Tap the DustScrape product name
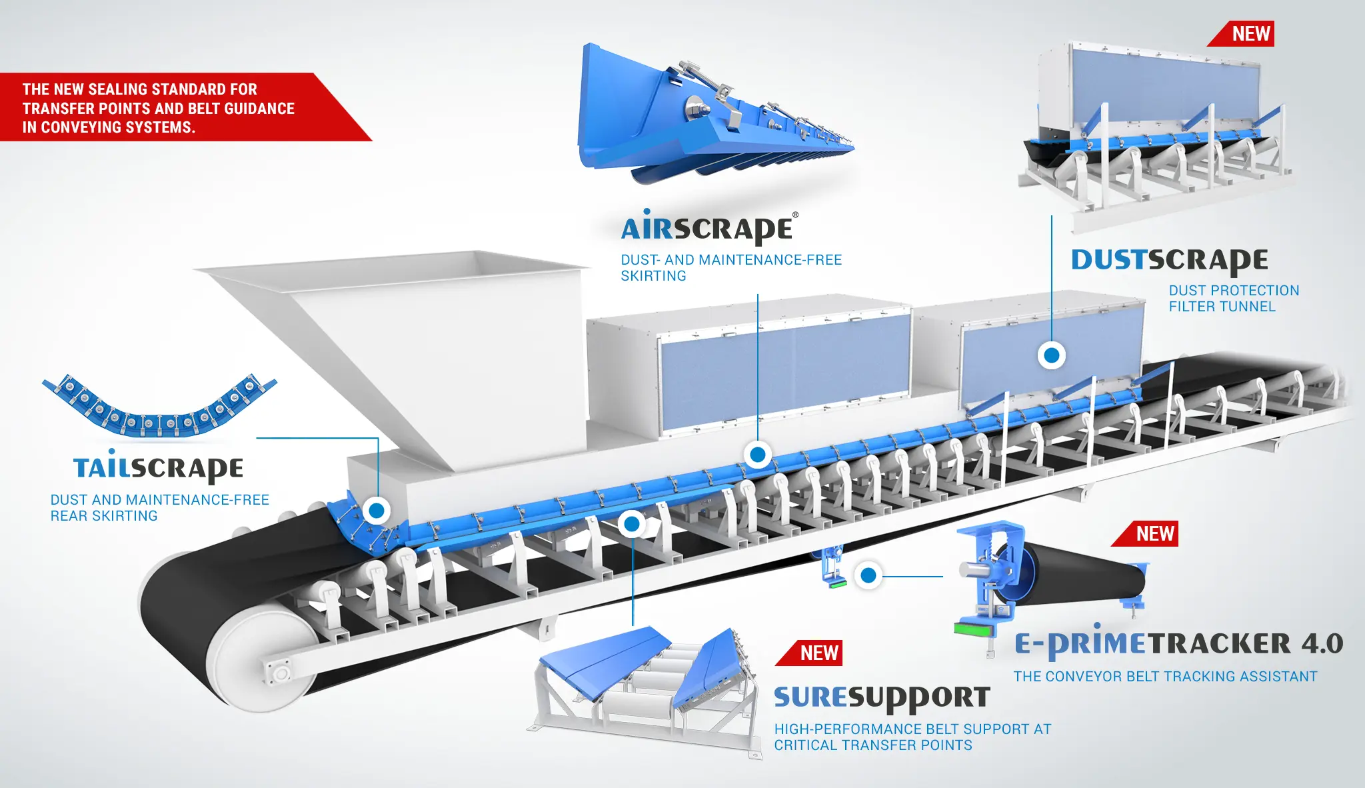click(x=1170, y=261)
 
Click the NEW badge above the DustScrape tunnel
click(x=1241, y=33)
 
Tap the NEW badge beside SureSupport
click(x=809, y=653)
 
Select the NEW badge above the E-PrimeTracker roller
click(x=1145, y=533)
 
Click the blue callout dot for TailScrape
click(x=377, y=511)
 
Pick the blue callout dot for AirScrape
click(x=758, y=455)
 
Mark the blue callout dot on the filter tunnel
click(x=1052, y=355)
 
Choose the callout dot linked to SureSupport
click(x=632, y=524)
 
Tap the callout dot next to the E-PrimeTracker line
click(x=868, y=575)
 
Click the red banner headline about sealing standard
click(x=159, y=108)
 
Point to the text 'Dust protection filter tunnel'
click(x=1234, y=299)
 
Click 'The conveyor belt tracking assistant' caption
click(x=1166, y=677)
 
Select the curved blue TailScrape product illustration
click(x=159, y=405)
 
